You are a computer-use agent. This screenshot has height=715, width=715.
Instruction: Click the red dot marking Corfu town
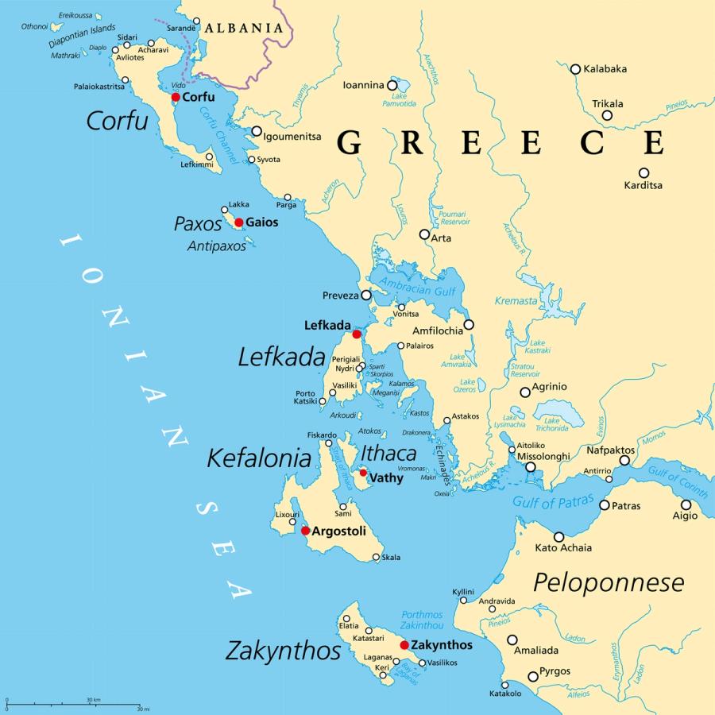(176, 97)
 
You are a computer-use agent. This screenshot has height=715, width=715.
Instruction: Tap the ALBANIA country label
(243, 28)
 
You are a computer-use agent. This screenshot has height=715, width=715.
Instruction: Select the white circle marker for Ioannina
(392, 85)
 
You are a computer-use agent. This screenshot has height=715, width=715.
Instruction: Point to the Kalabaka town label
(605, 69)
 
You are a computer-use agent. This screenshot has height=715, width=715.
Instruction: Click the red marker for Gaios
(238, 222)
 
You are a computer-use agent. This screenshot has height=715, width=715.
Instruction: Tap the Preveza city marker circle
(366, 295)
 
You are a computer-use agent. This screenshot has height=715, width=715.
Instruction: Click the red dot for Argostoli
(305, 531)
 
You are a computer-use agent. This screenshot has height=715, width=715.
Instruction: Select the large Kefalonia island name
(259, 458)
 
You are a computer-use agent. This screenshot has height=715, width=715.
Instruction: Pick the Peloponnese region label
(608, 582)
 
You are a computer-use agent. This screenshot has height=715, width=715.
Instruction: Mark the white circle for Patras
(605, 505)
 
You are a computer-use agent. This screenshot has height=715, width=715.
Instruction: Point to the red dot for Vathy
(363, 473)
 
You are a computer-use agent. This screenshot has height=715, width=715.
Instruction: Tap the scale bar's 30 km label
(93, 699)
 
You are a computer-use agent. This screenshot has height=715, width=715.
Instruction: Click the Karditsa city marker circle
(643, 172)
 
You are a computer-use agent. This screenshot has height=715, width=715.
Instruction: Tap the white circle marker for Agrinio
(525, 392)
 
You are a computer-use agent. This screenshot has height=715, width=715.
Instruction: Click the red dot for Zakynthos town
(404, 645)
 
